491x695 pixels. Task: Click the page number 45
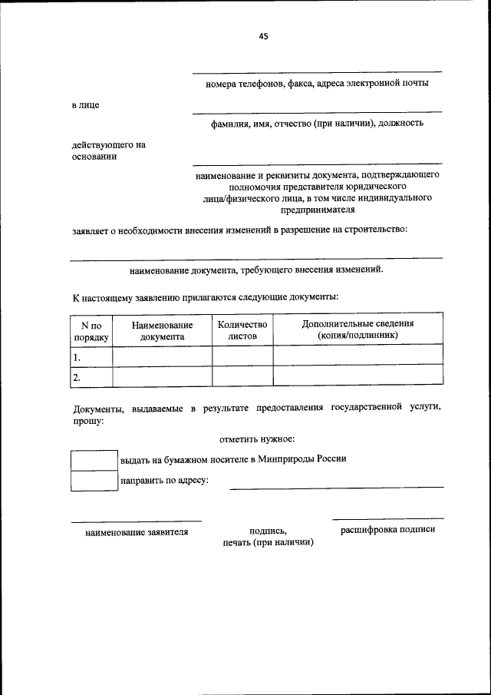[263, 36]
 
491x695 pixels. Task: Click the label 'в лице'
[85, 104]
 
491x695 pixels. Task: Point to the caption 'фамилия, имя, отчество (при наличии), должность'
[317, 123]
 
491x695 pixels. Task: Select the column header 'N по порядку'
[91, 331]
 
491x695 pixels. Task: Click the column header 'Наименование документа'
[162, 331]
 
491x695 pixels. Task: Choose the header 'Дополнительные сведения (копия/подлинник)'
[358, 329]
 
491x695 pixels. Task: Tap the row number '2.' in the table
[77, 377]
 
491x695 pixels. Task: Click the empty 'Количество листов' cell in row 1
[242, 356]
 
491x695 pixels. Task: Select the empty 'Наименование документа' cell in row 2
[162, 376]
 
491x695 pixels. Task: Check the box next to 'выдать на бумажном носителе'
[94, 459]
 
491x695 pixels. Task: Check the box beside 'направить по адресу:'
[94, 480]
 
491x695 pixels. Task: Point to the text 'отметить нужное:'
[257, 439]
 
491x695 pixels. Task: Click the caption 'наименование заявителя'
[137, 531]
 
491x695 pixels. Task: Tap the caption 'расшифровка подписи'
[387, 529]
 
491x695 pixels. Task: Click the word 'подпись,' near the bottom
[268, 531]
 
